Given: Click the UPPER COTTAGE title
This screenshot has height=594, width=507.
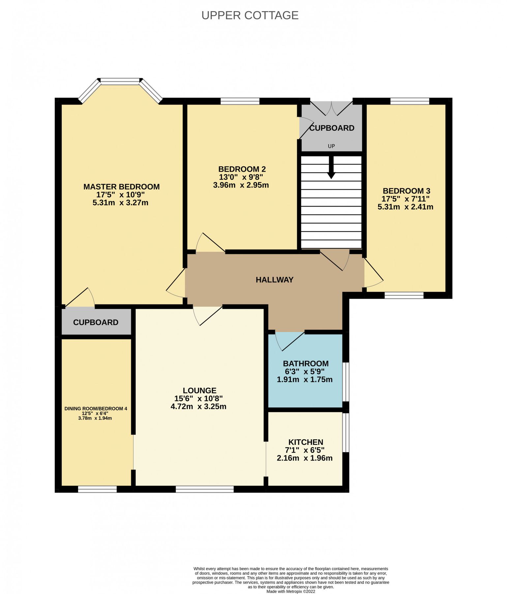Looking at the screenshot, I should point(250,15).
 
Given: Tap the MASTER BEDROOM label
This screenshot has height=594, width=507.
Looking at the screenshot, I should point(121,187).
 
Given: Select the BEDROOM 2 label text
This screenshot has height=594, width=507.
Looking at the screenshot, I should point(242,169).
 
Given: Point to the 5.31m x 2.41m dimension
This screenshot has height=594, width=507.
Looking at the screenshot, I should point(405,207).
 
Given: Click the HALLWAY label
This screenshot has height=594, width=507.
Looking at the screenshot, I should point(274,280).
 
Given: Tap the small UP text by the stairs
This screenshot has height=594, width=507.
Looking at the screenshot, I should point(331,146).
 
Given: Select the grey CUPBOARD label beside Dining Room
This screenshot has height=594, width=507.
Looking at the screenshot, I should point(96,322).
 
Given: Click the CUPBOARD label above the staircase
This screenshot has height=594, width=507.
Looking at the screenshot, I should point(332,128).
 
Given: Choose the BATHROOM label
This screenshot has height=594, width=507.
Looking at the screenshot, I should point(306,364).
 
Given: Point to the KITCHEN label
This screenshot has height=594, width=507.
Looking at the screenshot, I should point(306,442).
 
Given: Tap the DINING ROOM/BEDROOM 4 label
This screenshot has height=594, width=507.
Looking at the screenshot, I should point(96,409).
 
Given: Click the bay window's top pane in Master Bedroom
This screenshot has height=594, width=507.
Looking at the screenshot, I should point(120,80).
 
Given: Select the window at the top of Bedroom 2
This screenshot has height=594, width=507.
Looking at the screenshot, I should point(240,101).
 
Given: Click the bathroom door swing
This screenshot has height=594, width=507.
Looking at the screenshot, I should point(290,342).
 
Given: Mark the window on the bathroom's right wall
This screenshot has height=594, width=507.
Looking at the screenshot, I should point(345,382).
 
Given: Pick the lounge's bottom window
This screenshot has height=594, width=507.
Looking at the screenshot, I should point(204,489).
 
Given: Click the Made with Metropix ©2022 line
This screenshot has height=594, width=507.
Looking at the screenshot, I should point(290,592).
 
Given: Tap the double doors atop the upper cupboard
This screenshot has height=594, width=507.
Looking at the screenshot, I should point(331,108).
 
